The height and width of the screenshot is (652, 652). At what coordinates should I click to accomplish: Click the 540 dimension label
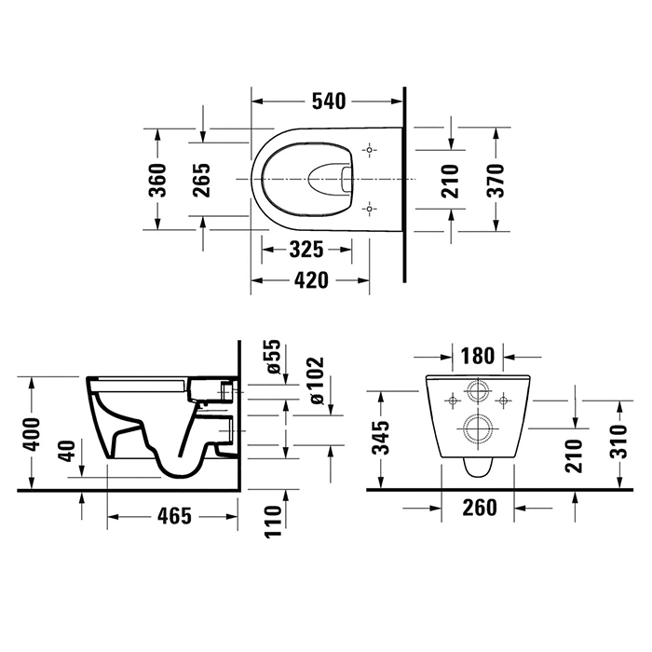[x=329, y=102]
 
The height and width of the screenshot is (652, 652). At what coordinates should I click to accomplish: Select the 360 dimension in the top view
[x=157, y=180]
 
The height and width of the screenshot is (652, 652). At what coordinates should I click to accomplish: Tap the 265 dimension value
[x=201, y=180]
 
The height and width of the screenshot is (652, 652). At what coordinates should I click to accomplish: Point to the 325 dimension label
[x=306, y=250]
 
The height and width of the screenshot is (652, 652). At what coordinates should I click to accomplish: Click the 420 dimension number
[x=311, y=280]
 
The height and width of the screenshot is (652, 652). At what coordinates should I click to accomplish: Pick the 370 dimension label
[x=496, y=180]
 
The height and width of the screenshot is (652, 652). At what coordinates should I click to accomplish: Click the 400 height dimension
[x=32, y=435]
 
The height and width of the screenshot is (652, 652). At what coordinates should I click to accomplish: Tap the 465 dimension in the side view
[x=175, y=516]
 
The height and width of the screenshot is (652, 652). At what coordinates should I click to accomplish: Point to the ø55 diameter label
[x=274, y=357]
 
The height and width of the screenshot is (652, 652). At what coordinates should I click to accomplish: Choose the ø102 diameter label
[x=317, y=380]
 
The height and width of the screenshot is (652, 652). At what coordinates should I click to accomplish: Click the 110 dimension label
[x=273, y=522]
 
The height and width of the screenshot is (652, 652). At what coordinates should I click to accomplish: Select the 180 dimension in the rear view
[x=478, y=356]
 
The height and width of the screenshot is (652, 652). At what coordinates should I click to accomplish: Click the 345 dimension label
[x=381, y=438]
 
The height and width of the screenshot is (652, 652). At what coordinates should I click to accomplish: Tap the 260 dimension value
[x=480, y=508]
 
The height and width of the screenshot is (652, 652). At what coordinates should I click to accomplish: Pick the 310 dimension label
[x=619, y=441]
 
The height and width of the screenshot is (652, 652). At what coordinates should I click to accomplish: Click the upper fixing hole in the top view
[x=369, y=150]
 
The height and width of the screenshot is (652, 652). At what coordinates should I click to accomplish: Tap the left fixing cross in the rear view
[x=453, y=401]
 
